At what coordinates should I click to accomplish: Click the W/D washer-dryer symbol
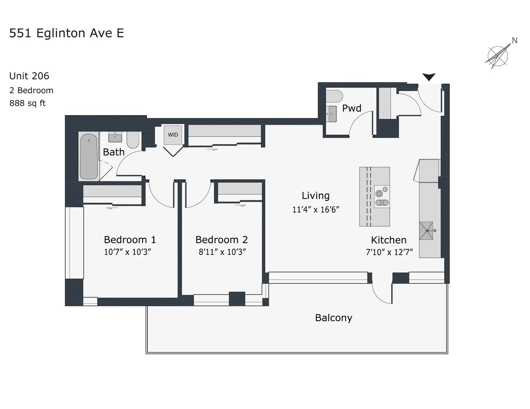(173, 135)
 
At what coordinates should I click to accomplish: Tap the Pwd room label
(351, 108)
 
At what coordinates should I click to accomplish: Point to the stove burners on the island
(382, 197)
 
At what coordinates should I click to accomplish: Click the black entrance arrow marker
(429, 77)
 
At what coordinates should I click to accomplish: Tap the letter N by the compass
(515, 40)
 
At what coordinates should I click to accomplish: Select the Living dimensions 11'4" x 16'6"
(316, 209)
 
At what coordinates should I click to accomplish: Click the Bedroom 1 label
(130, 240)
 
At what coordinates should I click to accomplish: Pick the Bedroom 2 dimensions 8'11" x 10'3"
(222, 252)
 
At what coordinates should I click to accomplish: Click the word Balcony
(334, 318)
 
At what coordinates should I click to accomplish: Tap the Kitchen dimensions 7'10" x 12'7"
(389, 252)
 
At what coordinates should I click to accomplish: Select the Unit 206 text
(29, 76)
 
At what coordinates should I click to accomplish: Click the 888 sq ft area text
(27, 103)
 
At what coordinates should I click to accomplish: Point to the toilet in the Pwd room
(334, 96)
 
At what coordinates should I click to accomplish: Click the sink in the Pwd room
(333, 114)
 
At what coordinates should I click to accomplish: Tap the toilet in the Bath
(133, 140)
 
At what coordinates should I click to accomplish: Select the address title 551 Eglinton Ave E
(67, 33)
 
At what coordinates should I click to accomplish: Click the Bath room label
(114, 152)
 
